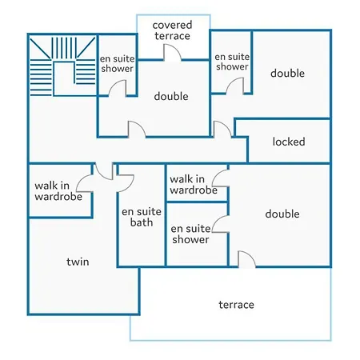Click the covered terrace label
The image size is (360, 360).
172,30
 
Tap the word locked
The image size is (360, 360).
289,142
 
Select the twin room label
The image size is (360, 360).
78,262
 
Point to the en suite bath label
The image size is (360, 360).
142,217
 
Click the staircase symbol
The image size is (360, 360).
62,66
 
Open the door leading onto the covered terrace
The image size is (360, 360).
172,53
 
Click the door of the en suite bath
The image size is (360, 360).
126,183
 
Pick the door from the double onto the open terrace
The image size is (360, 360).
246,259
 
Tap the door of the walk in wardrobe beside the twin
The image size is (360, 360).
85,183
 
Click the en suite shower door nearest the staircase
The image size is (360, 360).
118,88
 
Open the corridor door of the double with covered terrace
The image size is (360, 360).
137,130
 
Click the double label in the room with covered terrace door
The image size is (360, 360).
171,96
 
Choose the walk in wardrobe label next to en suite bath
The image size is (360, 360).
194,185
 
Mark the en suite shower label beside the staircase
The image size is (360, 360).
117,63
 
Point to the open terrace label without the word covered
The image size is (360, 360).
236,305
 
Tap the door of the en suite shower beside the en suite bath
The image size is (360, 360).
221,224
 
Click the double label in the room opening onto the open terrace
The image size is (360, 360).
282,214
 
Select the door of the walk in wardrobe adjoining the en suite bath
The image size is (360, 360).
221,178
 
